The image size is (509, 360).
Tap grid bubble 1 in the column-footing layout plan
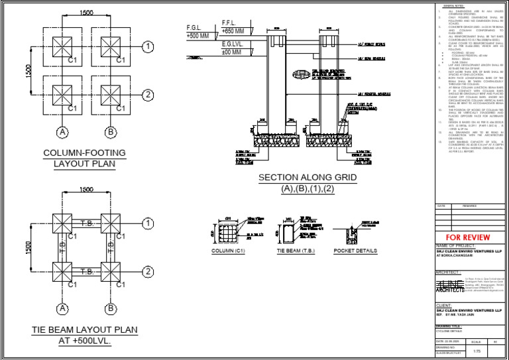tap(147, 46)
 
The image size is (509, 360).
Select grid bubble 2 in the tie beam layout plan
tap(147, 272)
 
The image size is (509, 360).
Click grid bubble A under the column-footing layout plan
tap(62, 133)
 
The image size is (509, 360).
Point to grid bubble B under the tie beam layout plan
tap(110, 308)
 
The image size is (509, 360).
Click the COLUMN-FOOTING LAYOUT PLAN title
tap(84, 158)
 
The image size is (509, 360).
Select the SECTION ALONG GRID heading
tap(307, 178)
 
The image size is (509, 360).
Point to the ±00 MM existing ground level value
tap(232, 52)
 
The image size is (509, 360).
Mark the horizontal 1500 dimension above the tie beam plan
tap(86, 190)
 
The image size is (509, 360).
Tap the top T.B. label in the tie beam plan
tap(86, 223)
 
